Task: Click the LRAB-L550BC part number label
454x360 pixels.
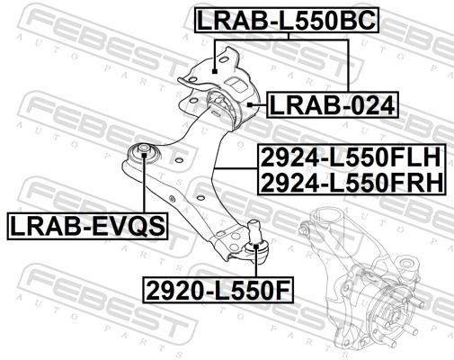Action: click(x=287, y=20)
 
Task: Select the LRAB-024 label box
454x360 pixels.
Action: click(x=333, y=105)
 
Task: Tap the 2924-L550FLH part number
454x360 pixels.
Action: click(x=351, y=157)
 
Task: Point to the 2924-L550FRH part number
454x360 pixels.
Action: click(x=352, y=183)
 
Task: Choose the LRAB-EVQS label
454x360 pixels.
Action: click(x=87, y=226)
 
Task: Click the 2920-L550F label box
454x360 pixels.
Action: click(x=218, y=290)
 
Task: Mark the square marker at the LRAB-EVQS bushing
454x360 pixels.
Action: click(x=144, y=155)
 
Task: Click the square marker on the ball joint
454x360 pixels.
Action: click(x=256, y=247)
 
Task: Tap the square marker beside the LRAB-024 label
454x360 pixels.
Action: click(x=250, y=104)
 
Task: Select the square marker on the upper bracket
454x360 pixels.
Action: click(x=214, y=71)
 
